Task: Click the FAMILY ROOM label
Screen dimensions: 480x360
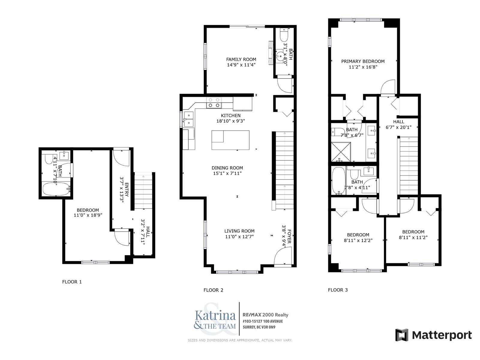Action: (241, 59)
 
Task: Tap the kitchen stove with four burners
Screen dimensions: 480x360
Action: (214, 103)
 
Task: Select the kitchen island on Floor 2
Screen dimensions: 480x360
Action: (230, 140)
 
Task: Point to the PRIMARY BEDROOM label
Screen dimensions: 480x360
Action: (363, 61)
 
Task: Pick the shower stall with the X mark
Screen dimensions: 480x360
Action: (341, 152)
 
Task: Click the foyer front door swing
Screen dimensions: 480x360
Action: (283, 256)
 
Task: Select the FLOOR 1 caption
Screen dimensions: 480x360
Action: (72, 282)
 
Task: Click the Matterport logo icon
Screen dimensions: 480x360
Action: (402, 335)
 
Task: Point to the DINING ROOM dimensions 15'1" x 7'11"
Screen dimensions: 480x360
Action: (227, 173)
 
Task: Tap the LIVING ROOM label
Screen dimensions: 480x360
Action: (239, 231)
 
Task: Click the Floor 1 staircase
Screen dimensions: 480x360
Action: (143, 191)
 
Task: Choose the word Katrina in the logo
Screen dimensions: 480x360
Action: (215, 315)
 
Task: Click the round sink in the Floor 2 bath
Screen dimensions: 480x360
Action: (280, 56)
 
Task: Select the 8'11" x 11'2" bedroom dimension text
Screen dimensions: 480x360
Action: (413, 237)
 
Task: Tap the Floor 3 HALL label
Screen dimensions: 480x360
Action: (398, 122)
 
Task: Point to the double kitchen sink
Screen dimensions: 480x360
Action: (188, 119)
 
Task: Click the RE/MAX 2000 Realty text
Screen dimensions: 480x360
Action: (265, 315)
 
